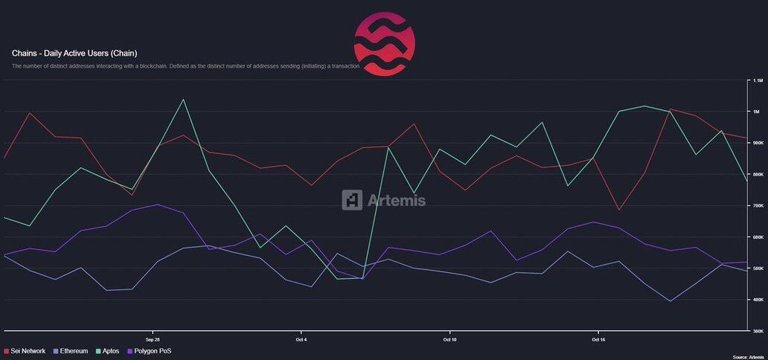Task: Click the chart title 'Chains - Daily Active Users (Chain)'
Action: tap(74, 54)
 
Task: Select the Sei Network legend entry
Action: tap(28, 350)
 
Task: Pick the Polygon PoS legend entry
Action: tap(150, 350)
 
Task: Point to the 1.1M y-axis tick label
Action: tap(758, 80)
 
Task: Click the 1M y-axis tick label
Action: tap(756, 112)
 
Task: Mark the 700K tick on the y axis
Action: tap(758, 205)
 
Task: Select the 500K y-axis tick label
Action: tap(758, 269)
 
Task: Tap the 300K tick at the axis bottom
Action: tap(758, 331)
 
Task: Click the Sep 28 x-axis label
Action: tap(153, 338)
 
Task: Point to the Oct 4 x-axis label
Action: tap(301, 338)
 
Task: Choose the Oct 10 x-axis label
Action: tap(449, 338)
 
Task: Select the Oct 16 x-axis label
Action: tap(597, 338)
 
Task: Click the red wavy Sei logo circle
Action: tap(385, 44)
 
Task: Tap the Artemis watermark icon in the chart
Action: tap(352, 199)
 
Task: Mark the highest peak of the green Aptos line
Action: tap(183, 100)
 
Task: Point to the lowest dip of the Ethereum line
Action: tap(671, 301)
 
